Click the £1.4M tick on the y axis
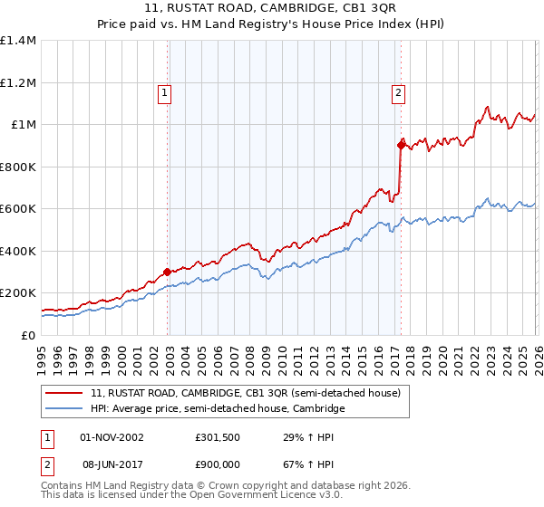pos(18,41)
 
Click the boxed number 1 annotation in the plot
pos(164,91)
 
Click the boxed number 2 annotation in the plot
pos(398,91)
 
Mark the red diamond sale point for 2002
pos(167,272)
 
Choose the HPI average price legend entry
pos(218,409)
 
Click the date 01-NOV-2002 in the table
pos(112,436)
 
